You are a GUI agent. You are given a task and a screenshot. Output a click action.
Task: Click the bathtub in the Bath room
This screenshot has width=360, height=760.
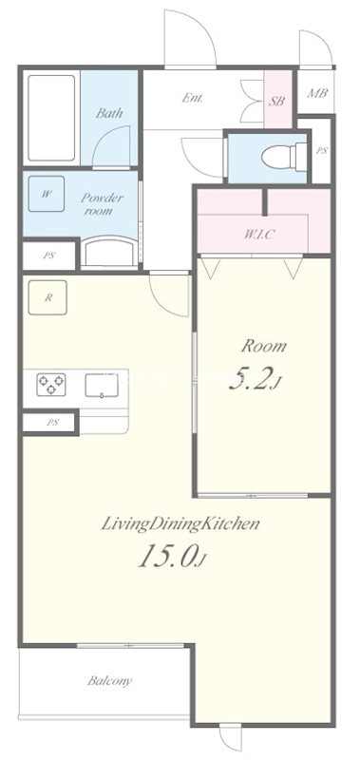click(x=51, y=118)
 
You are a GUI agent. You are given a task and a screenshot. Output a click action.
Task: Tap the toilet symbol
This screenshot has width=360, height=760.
click(x=284, y=157)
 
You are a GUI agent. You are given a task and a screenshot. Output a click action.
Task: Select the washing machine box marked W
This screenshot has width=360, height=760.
click(x=46, y=194)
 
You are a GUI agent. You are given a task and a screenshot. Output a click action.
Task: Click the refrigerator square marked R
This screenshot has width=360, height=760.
click(x=47, y=297)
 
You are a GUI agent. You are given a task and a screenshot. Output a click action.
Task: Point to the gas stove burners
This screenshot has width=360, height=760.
click(x=51, y=385)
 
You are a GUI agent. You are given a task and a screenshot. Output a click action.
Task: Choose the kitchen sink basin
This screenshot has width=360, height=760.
click(x=102, y=386)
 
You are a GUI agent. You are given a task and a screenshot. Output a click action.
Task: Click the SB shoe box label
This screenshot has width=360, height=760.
click(x=276, y=102)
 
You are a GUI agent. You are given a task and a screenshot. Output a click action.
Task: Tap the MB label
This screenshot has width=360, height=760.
click(x=317, y=92)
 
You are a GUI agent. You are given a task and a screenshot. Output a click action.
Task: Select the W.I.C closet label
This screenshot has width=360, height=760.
click(x=259, y=235)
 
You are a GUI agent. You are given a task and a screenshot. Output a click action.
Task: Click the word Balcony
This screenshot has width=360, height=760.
click(x=109, y=681)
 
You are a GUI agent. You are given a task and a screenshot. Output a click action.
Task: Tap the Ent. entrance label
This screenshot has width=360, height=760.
click(x=193, y=98)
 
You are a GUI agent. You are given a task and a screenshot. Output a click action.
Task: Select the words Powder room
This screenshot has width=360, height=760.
click(x=103, y=204)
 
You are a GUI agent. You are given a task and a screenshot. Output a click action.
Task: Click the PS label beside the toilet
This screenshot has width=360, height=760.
click(x=322, y=151)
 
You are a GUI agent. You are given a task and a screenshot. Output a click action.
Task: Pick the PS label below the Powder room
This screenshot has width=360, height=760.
click(x=48, y=256)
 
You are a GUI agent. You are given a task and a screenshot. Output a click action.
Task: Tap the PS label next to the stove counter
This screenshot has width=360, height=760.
click(x=53, y=423)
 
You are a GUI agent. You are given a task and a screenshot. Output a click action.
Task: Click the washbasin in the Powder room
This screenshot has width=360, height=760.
click(x=108, y=251)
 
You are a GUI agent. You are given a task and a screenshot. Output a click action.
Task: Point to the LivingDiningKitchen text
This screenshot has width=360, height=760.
click(x=180, y=524)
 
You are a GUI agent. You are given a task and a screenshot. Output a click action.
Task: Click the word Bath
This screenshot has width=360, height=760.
click(x=109, y=113)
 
